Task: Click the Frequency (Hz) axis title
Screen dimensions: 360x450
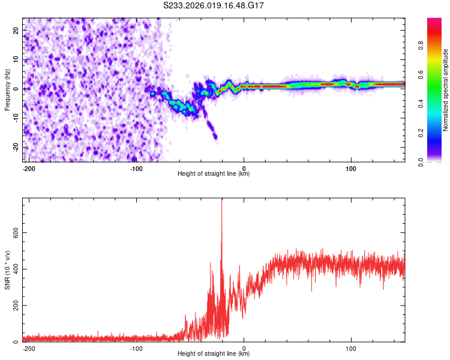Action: (x=7, y=89)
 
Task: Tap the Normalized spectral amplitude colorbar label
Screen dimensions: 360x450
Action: (x=445, y=90)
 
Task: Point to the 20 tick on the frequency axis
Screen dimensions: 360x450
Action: (x=16, y=30)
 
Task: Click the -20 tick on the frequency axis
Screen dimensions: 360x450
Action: (x=15, y=147)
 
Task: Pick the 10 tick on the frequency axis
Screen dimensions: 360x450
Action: (x=16, y=59)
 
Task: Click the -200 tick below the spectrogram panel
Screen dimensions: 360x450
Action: (x=29, y=167)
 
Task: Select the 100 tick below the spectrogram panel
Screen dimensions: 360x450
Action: (x=351, y=167)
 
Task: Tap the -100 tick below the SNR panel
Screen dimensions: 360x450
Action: (x=136, y=347)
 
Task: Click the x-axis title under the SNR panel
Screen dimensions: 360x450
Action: (x=214, y=354)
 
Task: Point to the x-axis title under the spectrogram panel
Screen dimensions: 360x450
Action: (x=214, y=174)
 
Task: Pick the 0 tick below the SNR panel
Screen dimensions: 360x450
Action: (x=244, y=347)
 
